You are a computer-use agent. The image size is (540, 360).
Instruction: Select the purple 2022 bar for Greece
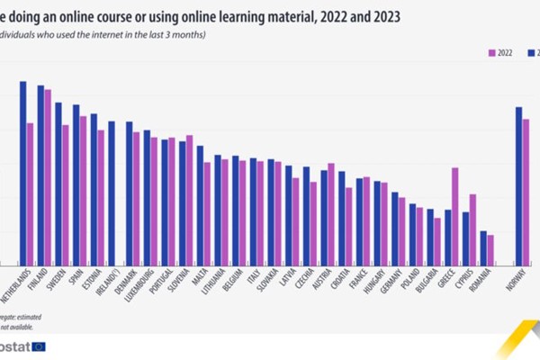pyautogui.click(x=454, y=216)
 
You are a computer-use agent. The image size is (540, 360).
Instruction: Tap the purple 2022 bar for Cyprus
pyautogui.click(x=472, y=229)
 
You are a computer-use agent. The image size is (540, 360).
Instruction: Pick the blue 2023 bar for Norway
pyautogui.click(x=518, y=185)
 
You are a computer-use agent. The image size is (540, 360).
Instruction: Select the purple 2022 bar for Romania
pyautogui.click(x=490, y=249)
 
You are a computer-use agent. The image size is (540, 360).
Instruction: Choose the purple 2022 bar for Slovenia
pyautogui.click(x=189, y=200)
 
